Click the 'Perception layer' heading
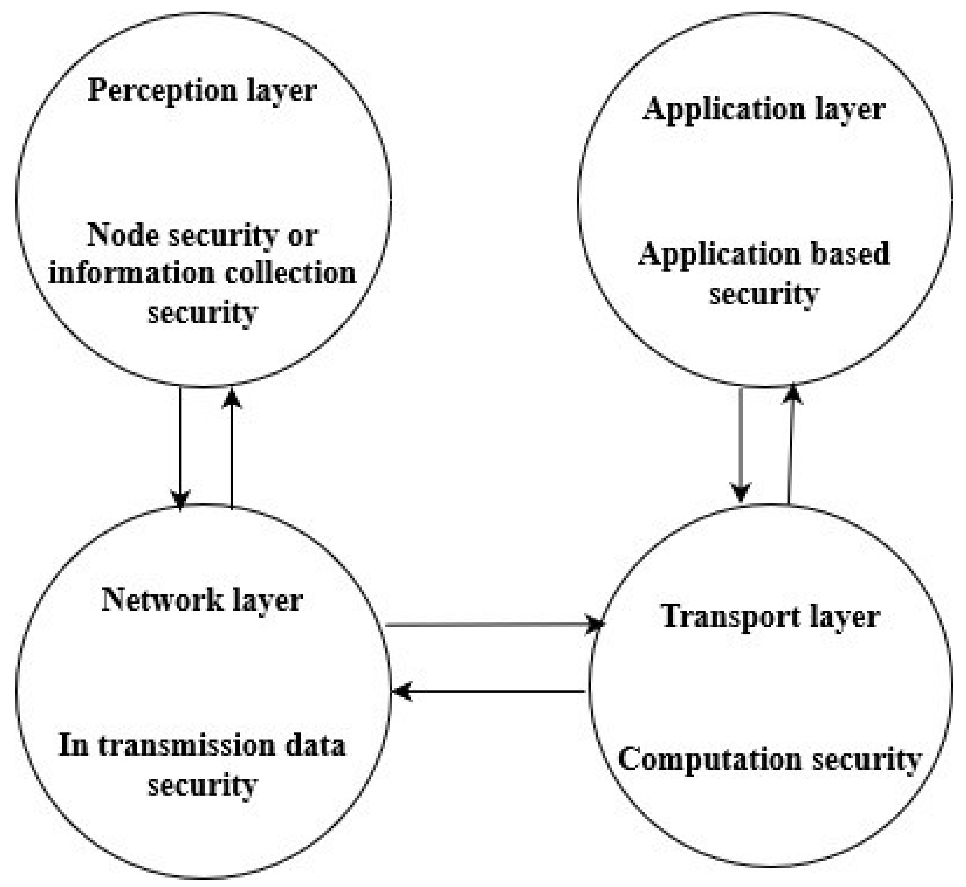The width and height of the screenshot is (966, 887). tap(202, 90)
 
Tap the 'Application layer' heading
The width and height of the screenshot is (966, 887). tap(764, 109)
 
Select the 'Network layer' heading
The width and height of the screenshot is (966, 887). tap(202, 600)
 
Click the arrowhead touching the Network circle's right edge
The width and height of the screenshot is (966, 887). tap(402, 692)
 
